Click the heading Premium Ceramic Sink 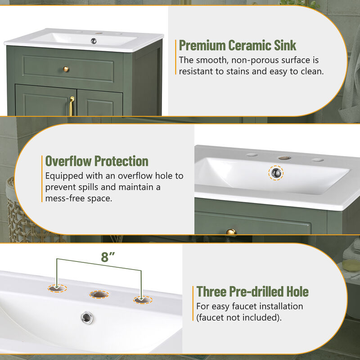point(238,45)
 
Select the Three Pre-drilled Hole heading point(252,291)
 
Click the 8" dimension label point(108,257)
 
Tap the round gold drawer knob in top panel point(66,69)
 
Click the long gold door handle point(72,106)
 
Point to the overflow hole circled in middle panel point(276,172)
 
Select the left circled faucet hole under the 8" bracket point(58,288)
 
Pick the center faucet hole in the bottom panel point(99,294)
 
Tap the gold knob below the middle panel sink point(231,232)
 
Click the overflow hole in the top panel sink point(94,41)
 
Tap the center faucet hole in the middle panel point(283,158)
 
